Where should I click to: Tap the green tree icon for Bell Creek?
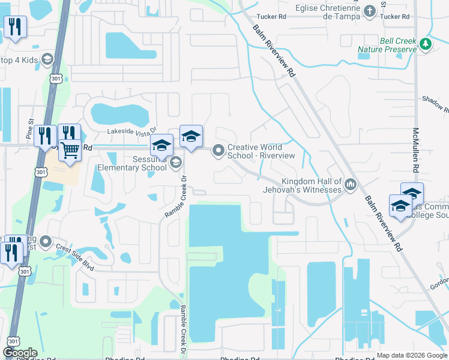pos(425,44)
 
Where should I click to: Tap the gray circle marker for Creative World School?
pos(218,151)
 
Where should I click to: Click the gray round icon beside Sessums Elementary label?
pos(175,162)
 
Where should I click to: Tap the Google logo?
pos(20,353)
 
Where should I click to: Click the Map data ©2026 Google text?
pos(412,355)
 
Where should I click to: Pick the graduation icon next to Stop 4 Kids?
pos(46,59)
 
